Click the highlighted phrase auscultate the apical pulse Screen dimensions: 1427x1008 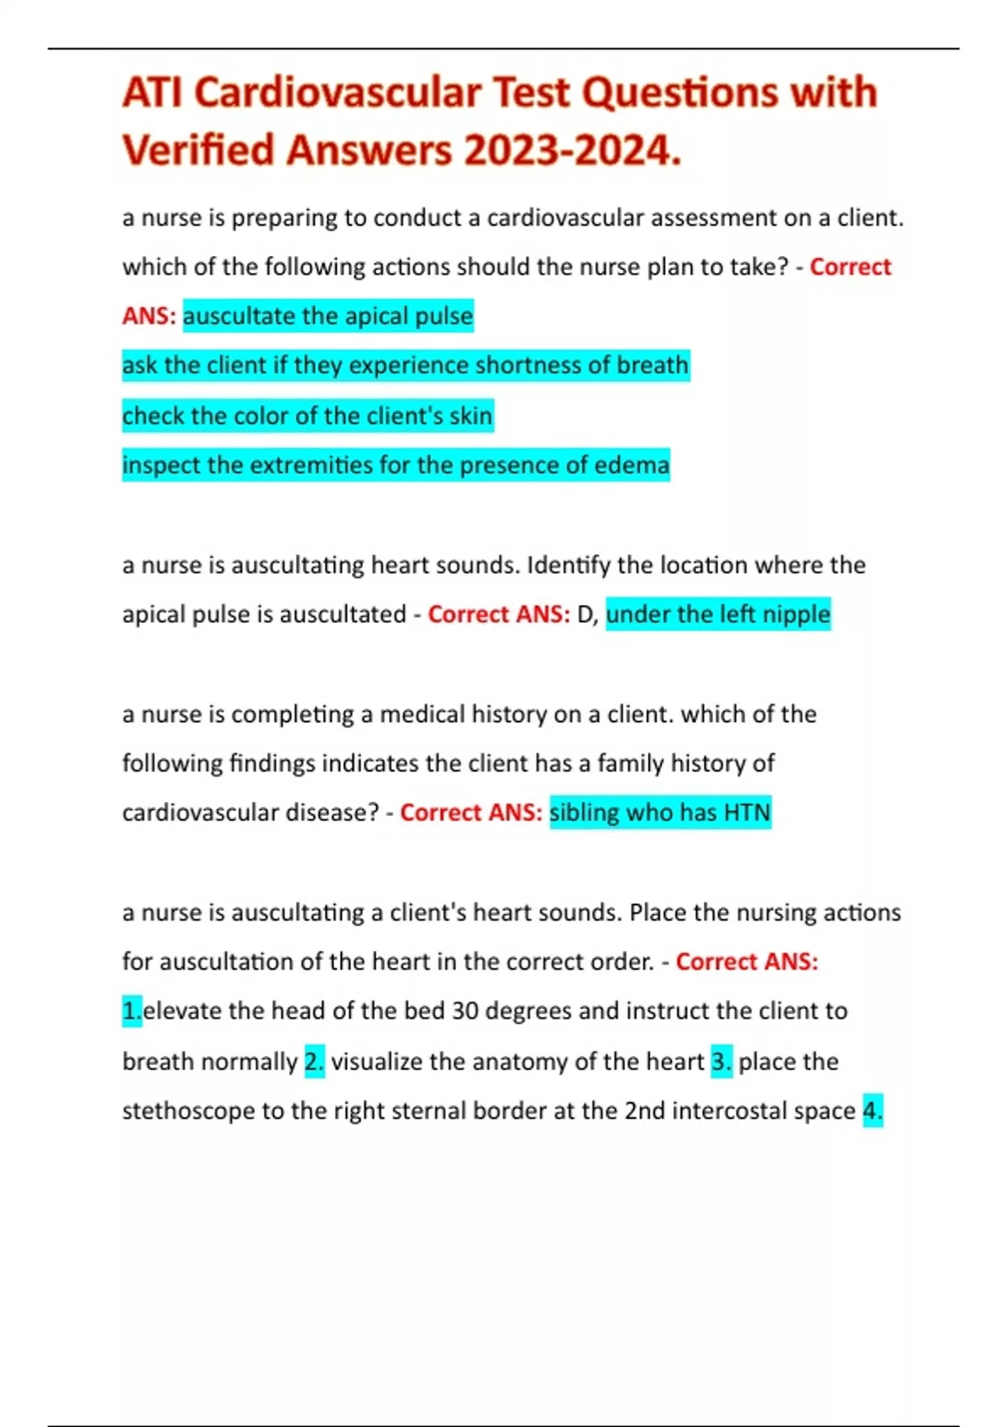[x=328, y=316]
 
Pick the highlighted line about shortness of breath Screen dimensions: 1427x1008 [x=405, y=366]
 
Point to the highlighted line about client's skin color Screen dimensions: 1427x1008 [x=307, y=416]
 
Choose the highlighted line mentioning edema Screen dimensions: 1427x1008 [x=396, y=465]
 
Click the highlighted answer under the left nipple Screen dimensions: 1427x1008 [x=717, y=614]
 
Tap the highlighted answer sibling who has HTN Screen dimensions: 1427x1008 [x=659, y=813]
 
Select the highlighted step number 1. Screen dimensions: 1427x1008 [x=132, y=1011]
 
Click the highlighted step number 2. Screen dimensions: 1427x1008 [x=314, y=1062]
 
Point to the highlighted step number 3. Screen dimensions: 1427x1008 [x=722, y=1062]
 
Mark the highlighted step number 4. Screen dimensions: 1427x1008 [x=873, y=1111]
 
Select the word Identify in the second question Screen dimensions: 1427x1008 [x=569, y=565]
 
